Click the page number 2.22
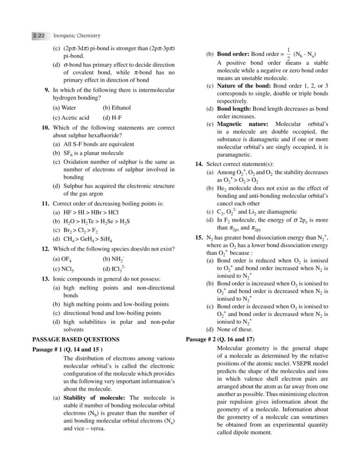38,35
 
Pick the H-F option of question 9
114,117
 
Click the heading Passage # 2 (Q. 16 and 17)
221,339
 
